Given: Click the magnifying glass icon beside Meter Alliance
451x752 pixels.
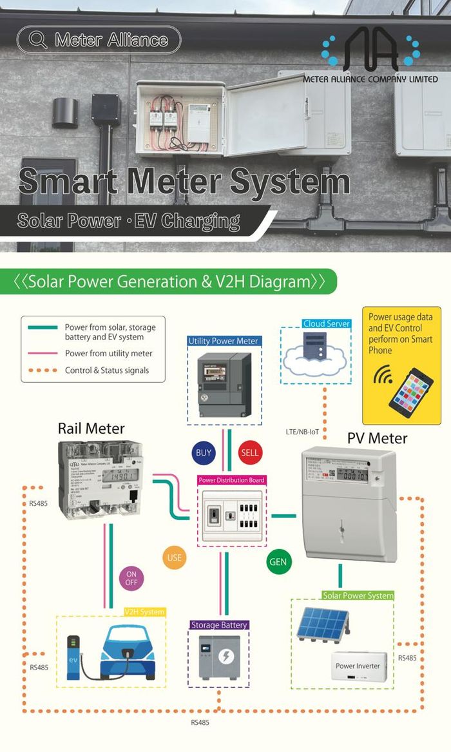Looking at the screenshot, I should [38, 40].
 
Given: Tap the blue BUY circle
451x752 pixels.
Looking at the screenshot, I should [203, 452].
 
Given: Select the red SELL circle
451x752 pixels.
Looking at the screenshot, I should [249, 452].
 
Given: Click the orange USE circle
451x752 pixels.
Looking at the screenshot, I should [174, 557].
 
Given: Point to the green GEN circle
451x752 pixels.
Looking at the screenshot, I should [278, 562].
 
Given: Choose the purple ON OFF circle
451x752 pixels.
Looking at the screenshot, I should [131, 577].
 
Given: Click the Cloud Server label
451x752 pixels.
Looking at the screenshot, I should [326, 323].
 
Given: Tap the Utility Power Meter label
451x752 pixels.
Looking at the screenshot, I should [224, 341].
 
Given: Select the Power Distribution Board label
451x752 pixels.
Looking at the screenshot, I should [231, 480].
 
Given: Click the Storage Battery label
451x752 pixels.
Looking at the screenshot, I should [219, 625].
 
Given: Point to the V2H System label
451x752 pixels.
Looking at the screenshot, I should [144, 612].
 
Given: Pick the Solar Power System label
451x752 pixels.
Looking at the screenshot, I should [358, 595].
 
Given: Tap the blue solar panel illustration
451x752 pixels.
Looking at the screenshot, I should [321, 624].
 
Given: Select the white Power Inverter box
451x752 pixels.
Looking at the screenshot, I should [358, 667].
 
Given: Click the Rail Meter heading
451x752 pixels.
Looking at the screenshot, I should [91, 428].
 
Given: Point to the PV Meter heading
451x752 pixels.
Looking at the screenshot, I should [377, 438].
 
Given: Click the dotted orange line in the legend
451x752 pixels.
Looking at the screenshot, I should [43, 370].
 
